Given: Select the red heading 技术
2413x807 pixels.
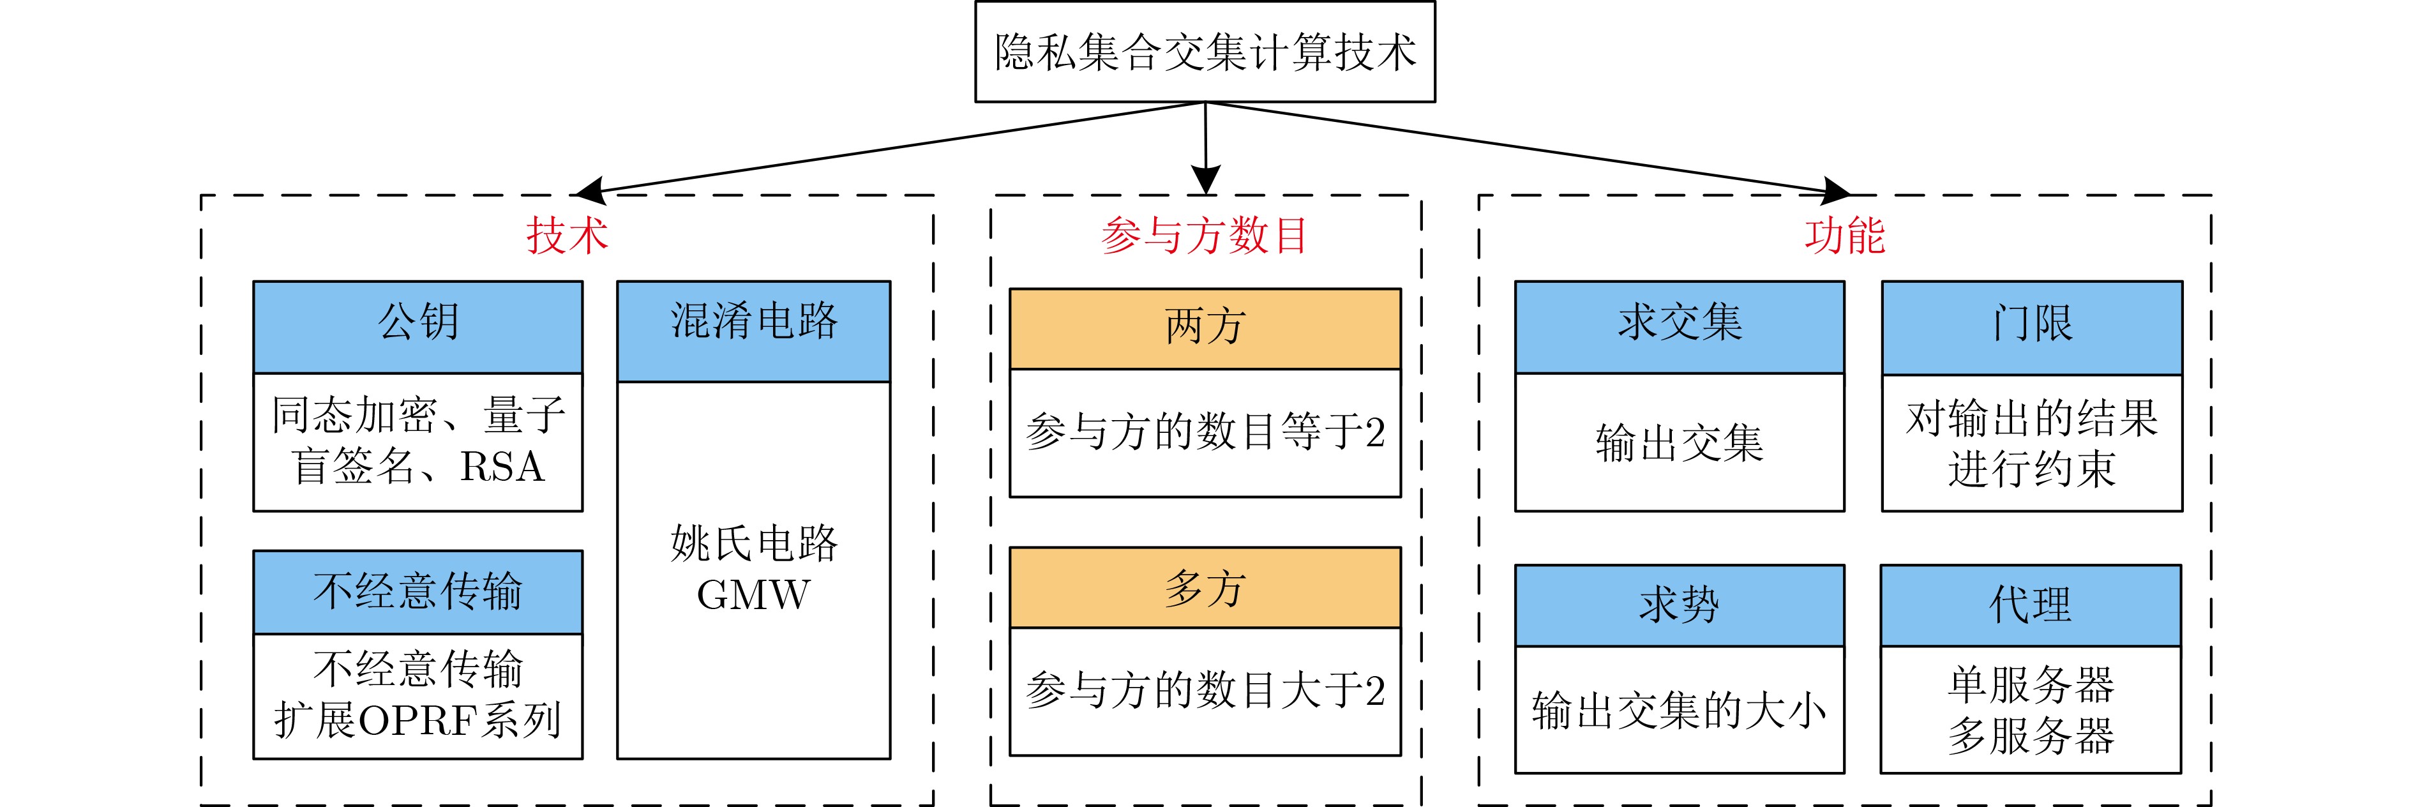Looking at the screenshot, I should pos(567,234).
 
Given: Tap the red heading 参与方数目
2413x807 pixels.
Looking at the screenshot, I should pos(1205,234).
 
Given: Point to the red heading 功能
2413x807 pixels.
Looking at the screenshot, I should pos(1844,234).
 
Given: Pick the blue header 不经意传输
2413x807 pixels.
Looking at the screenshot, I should pos(417,591).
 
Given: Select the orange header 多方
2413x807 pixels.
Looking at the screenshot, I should pos(1205,587).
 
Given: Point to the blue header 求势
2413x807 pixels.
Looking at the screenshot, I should pos(1680,605).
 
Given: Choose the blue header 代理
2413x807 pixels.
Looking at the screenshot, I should pos(2031,605).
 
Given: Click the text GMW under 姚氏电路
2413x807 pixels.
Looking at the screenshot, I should pos(753,594).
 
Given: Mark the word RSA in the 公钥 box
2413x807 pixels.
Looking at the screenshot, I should pos(502,467).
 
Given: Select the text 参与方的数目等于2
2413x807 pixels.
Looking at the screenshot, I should pos(1205,432).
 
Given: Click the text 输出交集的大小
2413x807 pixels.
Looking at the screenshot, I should pos(1680,711).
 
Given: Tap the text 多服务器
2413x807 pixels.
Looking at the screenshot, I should pos(2031,735).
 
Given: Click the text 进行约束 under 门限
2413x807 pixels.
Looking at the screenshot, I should pos(2032,469).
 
